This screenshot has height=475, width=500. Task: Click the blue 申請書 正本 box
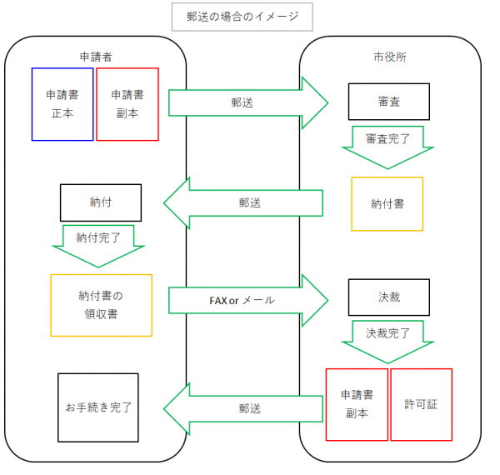coord(62,104)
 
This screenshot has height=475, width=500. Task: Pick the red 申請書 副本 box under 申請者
coord(127,104)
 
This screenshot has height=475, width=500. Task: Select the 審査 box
coord(389,102)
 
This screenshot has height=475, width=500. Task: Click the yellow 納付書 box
coord(387,203)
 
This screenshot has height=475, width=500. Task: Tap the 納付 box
coord(98,202)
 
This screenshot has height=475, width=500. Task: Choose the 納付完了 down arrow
coord(98,242)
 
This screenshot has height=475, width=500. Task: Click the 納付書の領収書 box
coord(102,305)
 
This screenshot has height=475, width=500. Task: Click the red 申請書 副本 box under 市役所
coord(357,404)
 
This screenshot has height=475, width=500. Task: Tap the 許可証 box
coord(421,404)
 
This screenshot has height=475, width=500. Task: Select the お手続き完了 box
coord(98,407)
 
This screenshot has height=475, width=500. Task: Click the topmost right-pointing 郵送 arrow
coord(248,103)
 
